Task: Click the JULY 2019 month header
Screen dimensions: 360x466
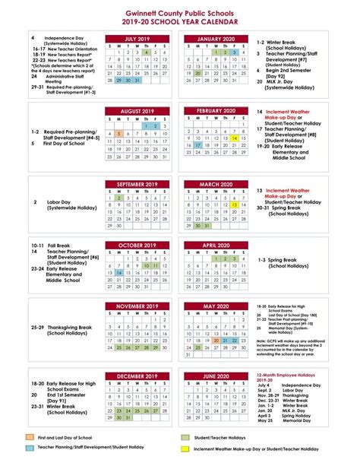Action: tap(137, 38)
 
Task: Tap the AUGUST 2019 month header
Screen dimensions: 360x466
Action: tap(137, 111)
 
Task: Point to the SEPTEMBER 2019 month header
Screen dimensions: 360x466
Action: tap(137, 184)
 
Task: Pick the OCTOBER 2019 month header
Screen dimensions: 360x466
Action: tap(137, 246)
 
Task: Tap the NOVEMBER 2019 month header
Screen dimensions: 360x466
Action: tap(137, 306)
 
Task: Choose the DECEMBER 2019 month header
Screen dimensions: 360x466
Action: tap(137, 376)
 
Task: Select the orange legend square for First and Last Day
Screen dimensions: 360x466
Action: tap(29, 437)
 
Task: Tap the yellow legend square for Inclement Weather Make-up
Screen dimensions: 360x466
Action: tap(185, 449)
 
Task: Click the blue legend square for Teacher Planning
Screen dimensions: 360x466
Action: tap(29, 449)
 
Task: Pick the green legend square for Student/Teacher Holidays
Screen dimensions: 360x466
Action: tap(185, 437)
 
